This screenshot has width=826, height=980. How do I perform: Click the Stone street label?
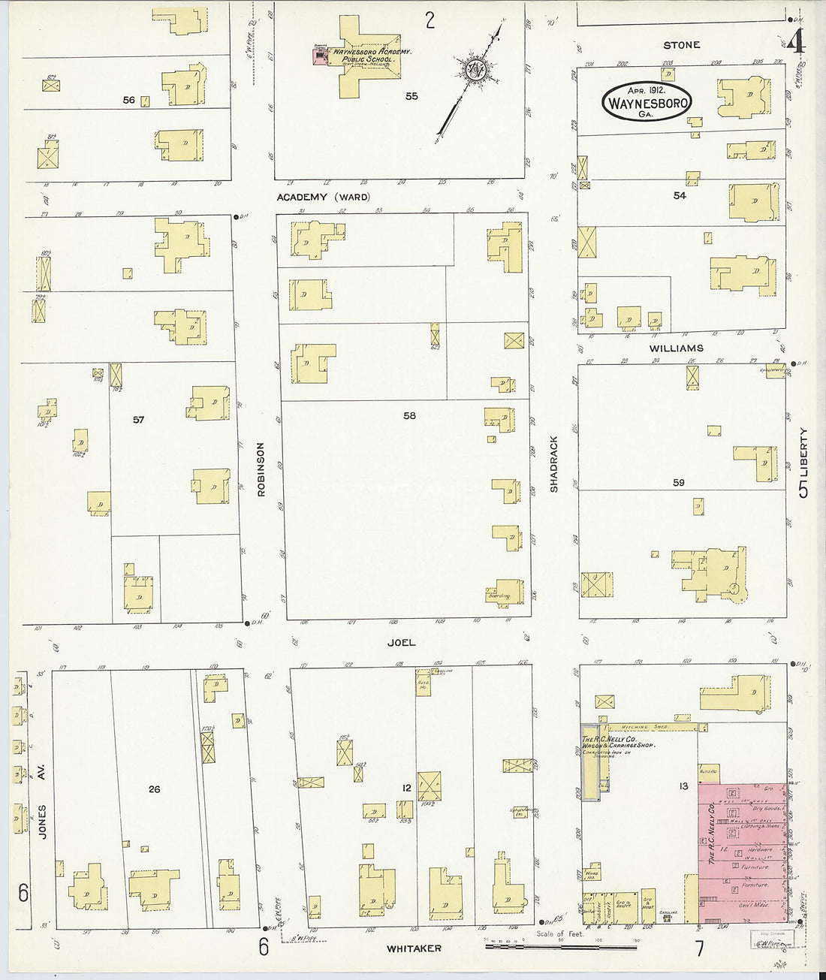coord(681,45)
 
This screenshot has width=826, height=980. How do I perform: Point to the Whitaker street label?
coord(413,948)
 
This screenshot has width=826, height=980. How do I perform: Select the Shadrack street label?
coord(554,463)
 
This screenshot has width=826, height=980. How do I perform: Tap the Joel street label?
coord(401,643)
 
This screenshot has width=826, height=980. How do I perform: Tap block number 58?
coord(408,415)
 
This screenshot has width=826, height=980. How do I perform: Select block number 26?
coord(154,789)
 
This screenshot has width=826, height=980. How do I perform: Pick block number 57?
coord(138,420)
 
